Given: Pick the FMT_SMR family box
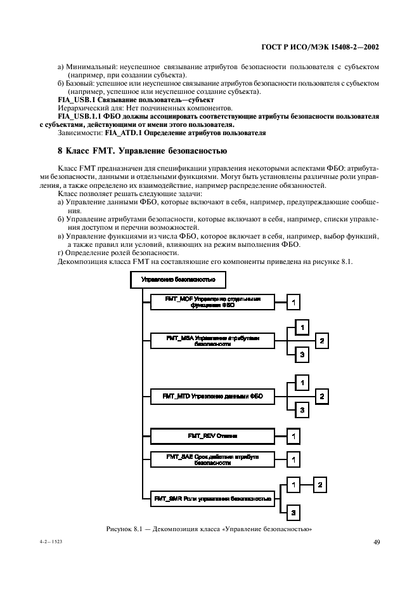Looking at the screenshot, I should tap(213, 499).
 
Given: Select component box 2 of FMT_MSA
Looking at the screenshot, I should tap(322, 341).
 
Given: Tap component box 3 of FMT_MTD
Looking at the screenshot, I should tap(303, 411).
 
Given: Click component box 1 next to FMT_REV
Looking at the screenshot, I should tap(293, 436).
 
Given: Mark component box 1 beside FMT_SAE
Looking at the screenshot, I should tap(293, 459).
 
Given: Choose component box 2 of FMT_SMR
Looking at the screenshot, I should tap(321, 485).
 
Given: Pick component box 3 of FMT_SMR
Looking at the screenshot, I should tap(294, 511).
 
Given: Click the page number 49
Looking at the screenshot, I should tap(376, 541).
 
